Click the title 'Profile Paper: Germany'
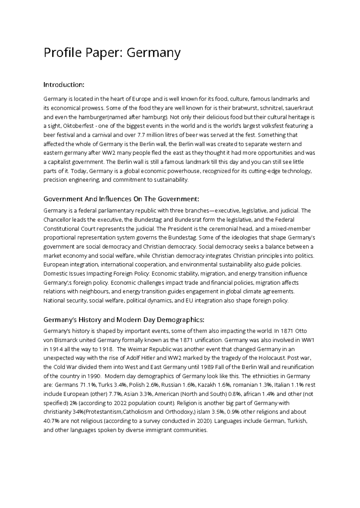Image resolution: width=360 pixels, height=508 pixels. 112,53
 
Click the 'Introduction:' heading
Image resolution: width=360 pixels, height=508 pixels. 64,85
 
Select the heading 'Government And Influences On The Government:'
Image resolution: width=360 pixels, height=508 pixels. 121,199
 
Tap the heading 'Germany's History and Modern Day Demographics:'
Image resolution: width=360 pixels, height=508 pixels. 124,320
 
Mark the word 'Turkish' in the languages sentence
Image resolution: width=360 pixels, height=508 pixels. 297,421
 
